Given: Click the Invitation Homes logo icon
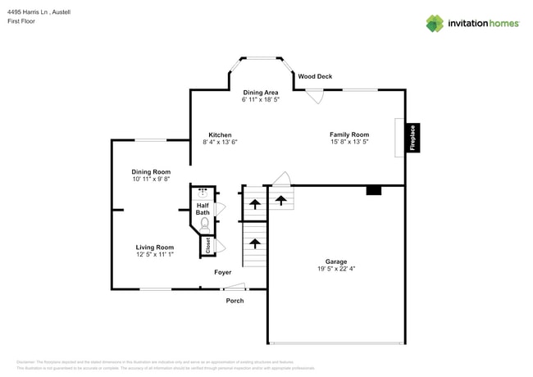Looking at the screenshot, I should click(435, 23).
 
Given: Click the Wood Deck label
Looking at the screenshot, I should click(315, 76).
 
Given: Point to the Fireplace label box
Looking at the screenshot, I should click(413, 137).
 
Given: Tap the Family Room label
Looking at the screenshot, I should click(349, 134).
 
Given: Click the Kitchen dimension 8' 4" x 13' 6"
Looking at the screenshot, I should click(220, 142).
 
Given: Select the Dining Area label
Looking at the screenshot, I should click(261, 93).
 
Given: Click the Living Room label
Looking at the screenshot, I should click(155, 247).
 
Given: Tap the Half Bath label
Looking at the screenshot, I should click(203, 209).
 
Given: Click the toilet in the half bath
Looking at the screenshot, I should click(204, 222).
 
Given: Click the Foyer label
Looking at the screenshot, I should click(223, 272).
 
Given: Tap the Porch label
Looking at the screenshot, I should click(235, 301).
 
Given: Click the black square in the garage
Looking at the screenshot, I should click(373, 190).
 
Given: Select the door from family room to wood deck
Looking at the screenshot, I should click(312, 95).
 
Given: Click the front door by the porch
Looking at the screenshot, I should click(235, 286).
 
